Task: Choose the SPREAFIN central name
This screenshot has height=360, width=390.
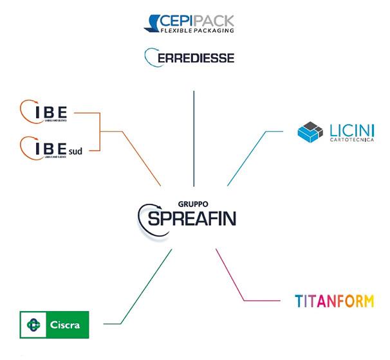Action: (192, 219)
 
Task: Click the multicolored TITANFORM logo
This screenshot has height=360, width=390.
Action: (333, 301)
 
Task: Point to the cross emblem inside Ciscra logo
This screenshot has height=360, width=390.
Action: (33, 325)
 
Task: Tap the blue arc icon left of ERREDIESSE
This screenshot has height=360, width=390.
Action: (148, 57)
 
